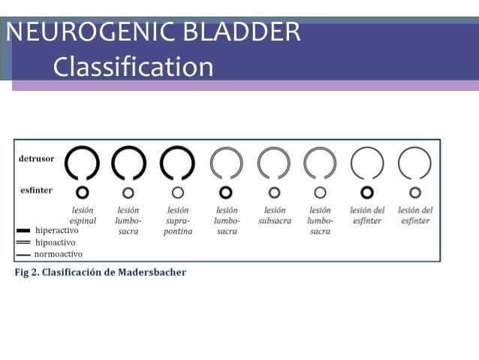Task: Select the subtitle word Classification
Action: [x=133, y=68]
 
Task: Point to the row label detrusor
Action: [x=35, y=159]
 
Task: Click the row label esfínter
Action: [x=35, y=190]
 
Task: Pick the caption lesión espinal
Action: [x=83, y=216]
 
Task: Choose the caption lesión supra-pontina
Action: [x=178, y=221]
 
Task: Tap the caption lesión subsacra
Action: [x=274, y=216]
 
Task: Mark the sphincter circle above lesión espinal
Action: [x=83, y=192]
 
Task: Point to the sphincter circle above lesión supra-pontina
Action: [x=178, y=192]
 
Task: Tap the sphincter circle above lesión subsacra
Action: [x=274, y=192]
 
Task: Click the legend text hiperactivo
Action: [x=56, y=231]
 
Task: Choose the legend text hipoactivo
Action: [x=55, y=242]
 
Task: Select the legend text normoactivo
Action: [x=58, y=254]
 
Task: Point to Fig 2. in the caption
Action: [x=28, y=272]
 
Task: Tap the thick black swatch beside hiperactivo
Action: [x=23, y=231]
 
